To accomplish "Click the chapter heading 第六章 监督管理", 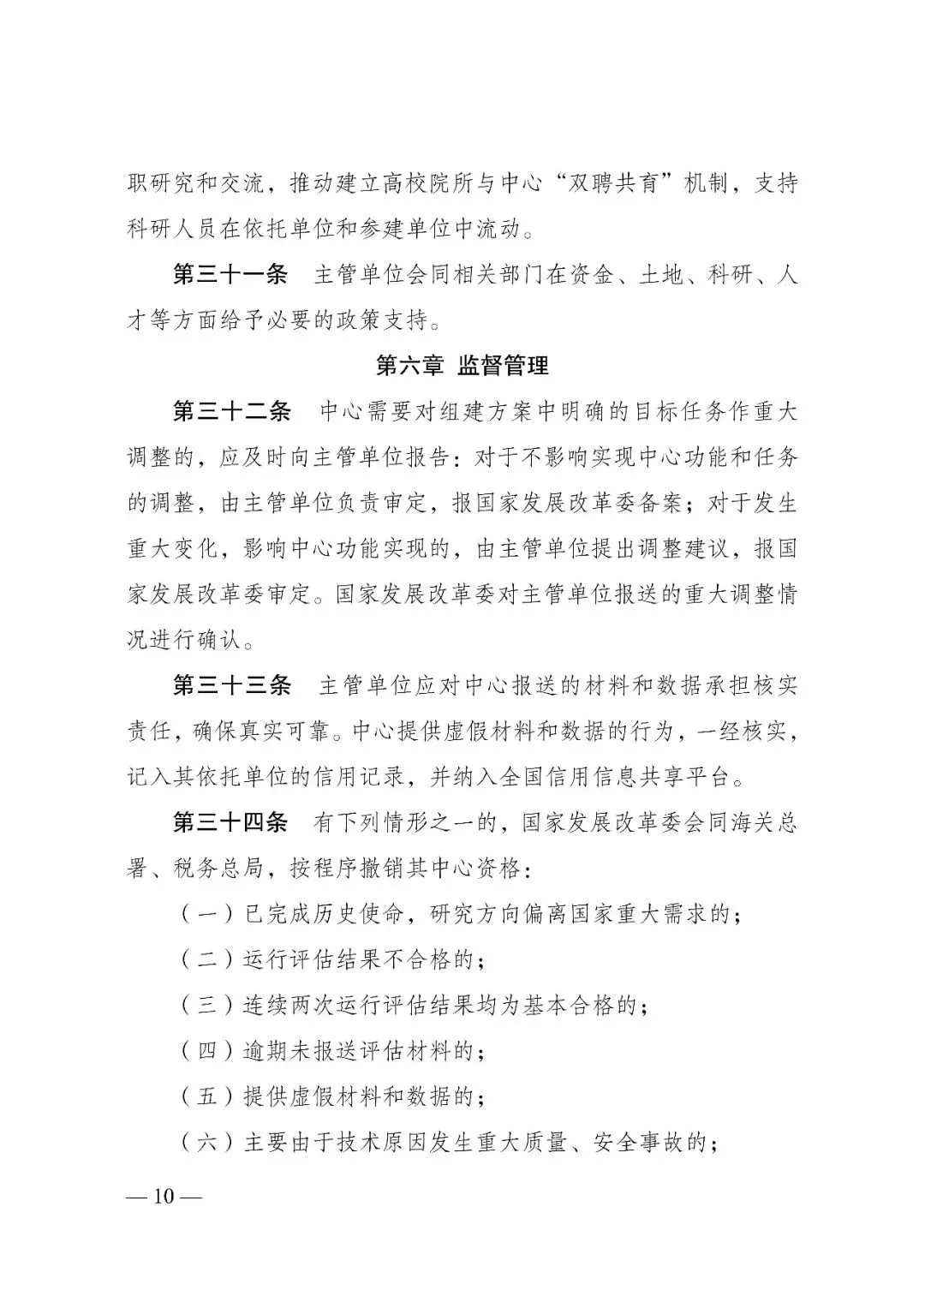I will (462, 367).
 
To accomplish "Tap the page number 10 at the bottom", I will (164, 1197).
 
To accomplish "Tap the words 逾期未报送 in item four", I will (301, 1051).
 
